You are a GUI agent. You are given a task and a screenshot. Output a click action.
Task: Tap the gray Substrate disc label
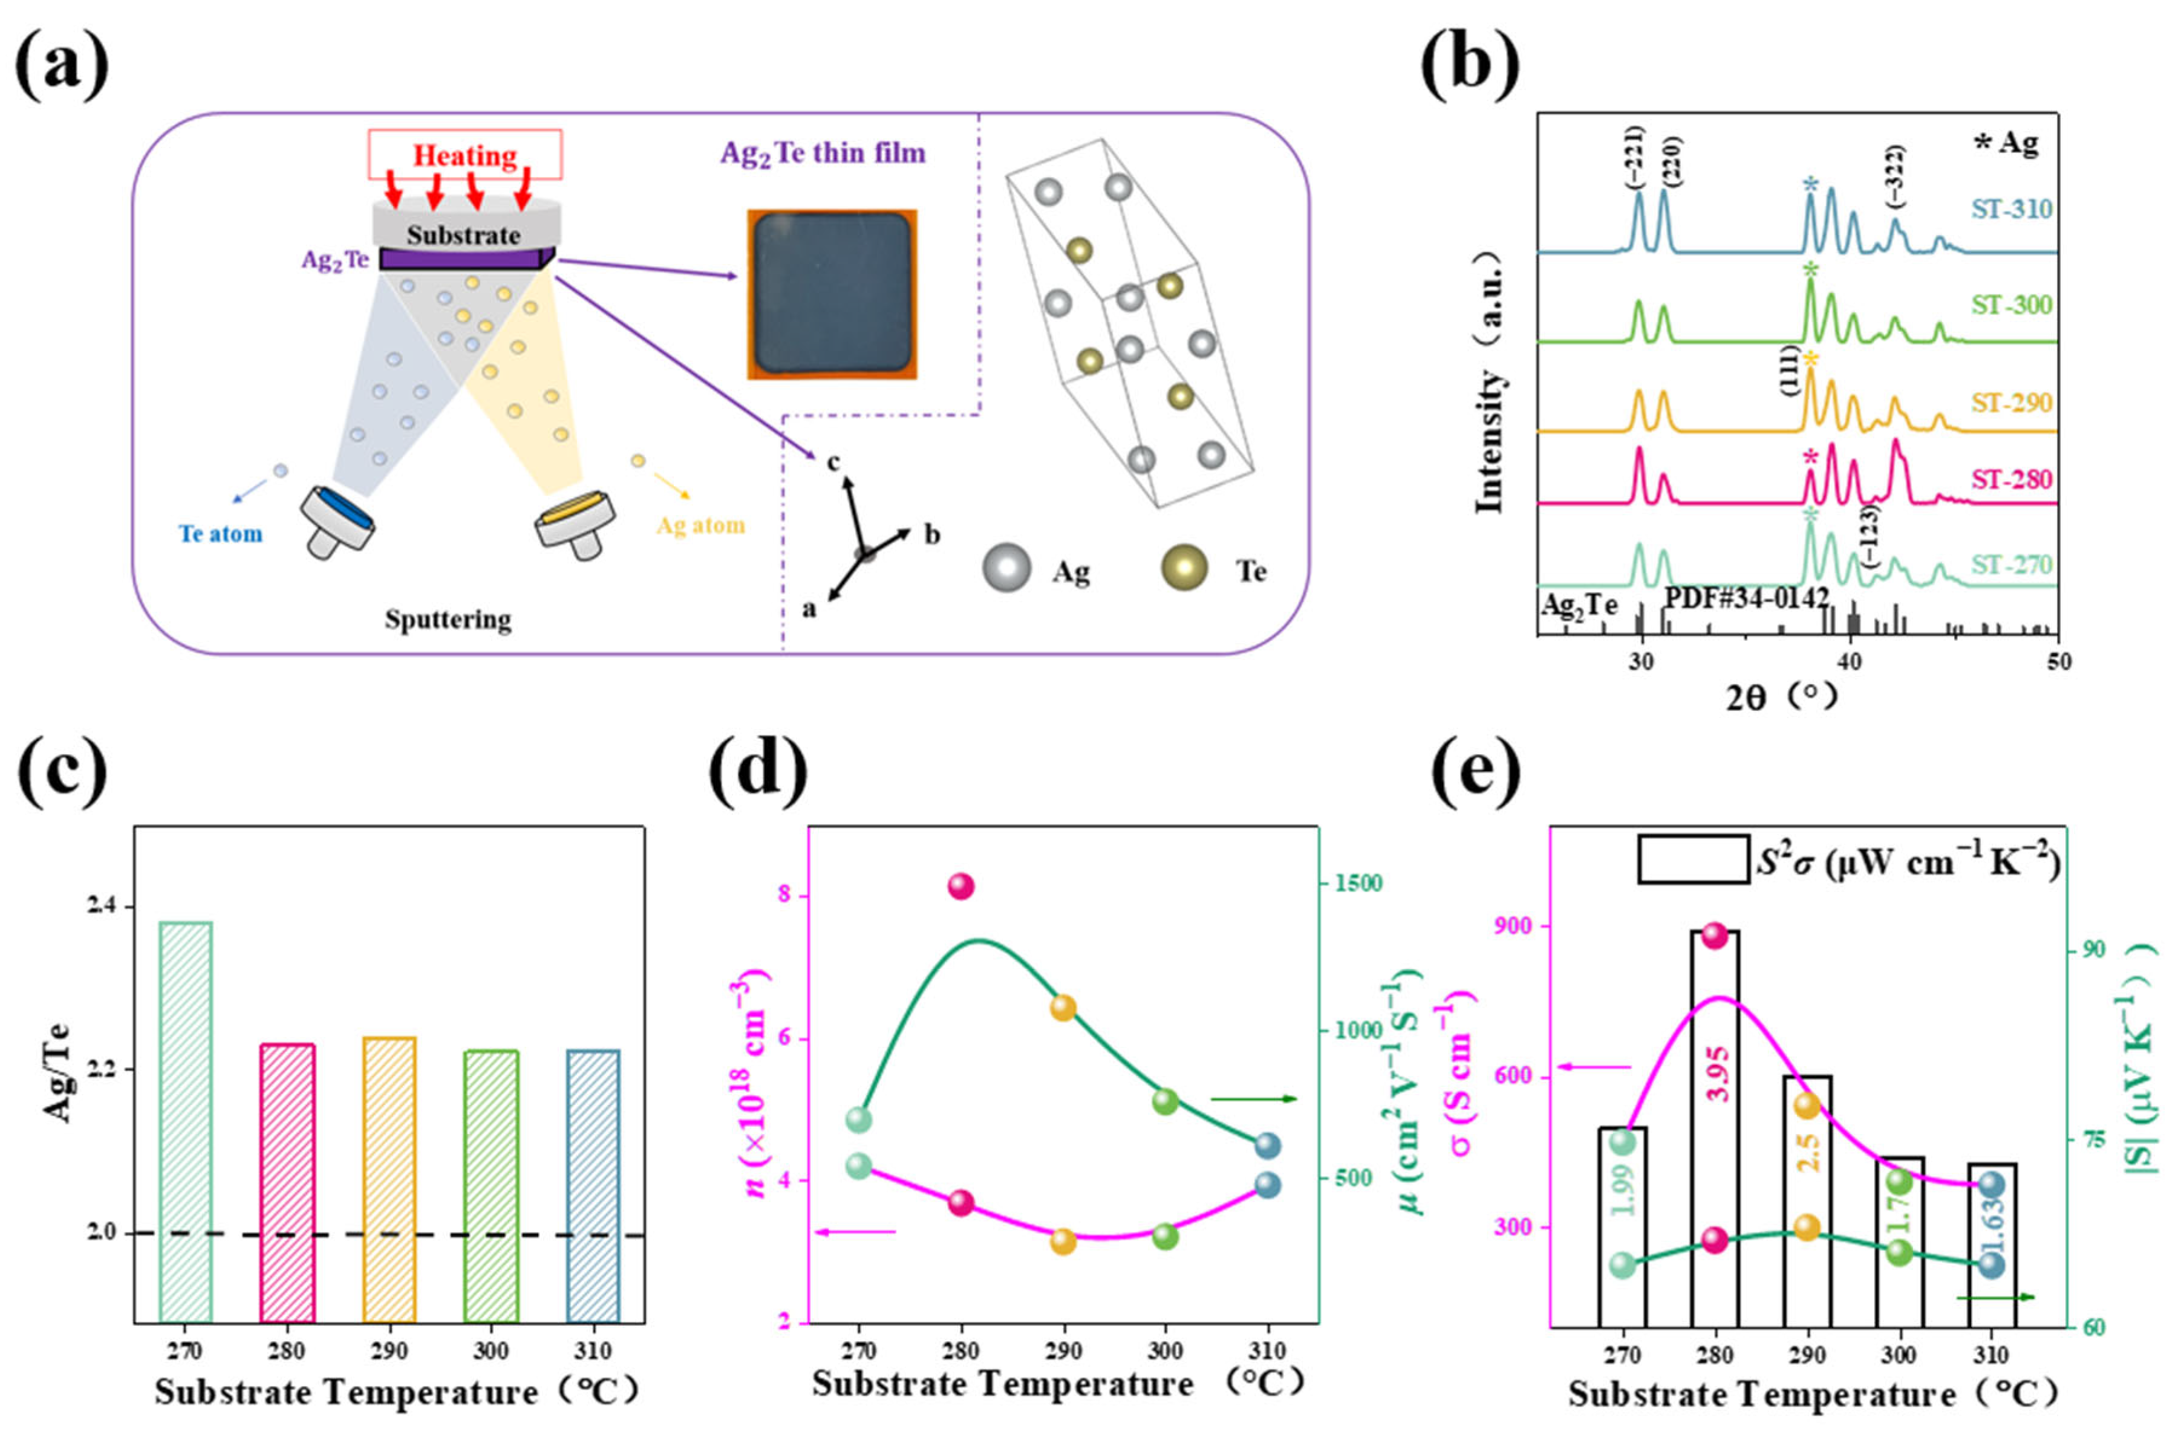point(463,235)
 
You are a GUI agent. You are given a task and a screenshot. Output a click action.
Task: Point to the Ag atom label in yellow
point(700,526)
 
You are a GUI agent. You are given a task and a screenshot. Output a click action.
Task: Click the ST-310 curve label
point(2012,210)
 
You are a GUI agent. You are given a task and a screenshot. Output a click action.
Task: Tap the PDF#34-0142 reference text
point(1746,597)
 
